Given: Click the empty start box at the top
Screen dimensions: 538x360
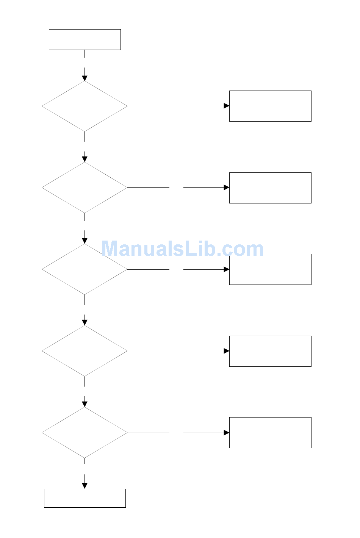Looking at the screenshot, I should (85, 39).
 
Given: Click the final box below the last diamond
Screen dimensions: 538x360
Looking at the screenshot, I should (85, 498).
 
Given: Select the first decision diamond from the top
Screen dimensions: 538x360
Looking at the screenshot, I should (85, 106).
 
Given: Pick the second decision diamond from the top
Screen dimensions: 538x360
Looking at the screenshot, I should (85, 188).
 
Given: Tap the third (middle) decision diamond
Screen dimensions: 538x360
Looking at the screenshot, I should (85, 269).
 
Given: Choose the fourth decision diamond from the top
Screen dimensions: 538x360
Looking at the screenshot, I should (85, 351).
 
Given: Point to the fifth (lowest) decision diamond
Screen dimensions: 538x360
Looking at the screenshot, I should (85, 433).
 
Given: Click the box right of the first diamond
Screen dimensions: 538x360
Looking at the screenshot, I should (270, 106).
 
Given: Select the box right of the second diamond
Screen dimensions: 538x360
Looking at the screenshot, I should (270, 188).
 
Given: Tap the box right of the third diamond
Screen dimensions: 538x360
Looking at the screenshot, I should (270, 269).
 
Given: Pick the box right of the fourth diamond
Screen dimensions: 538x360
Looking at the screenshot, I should (270, 351).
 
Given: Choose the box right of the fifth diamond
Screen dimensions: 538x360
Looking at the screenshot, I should (270, 433).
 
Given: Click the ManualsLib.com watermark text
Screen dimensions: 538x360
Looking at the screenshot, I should (182, 249).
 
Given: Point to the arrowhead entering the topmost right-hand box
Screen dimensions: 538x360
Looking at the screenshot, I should (227, 106).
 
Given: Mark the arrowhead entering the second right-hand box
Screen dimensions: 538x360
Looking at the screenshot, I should (227, 188).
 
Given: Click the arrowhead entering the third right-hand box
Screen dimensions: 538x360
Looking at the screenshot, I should (227, 269).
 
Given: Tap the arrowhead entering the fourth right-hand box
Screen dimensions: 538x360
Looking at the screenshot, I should (227, 351).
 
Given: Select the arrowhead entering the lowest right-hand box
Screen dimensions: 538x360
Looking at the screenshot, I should (227, 433).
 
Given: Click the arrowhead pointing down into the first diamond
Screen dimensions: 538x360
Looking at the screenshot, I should (85, 78).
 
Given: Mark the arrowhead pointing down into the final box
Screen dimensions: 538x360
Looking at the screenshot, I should (85, 486).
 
